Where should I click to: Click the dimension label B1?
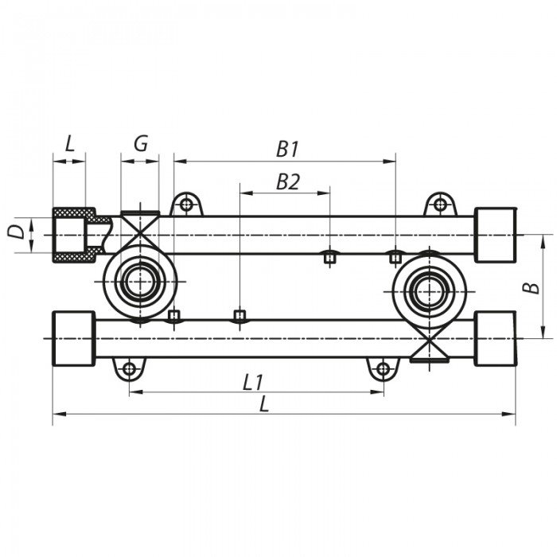[x=287, y=149]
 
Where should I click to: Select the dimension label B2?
[x=288, y=182]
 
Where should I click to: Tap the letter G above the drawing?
[x=140, y=144]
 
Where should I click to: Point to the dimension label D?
[x=15, y=233]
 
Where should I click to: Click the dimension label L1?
[x=252, y=382]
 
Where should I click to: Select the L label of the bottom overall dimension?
[x=264, y=404]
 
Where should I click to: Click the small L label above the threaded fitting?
[x=69, y=144]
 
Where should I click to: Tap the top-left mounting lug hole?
[x=186, y=204]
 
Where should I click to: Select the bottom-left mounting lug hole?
[x=127, y=368]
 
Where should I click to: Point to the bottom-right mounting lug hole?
[x=383, y=368]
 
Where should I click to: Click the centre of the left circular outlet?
[x=140, y=282]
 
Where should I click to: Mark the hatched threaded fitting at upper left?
[x=74, y=236]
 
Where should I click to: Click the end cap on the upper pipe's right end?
[x=496, y=235]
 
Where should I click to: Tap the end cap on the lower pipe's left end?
[x=74, y=338]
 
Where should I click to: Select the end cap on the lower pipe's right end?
[x=495, y=338]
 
